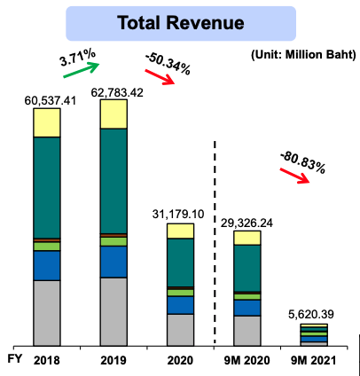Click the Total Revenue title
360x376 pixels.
tap(180, 22)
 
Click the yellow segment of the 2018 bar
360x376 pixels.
tap(59, 122)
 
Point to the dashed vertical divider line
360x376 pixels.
tap(215, 239)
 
